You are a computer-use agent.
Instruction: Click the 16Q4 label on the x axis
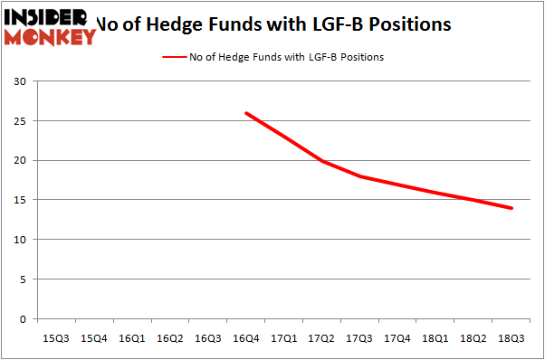click(245, 338)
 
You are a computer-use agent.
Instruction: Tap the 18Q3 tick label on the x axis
click(512, 338)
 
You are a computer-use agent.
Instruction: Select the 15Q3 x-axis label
click(55, 338)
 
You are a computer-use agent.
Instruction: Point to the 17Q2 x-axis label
click(321, 338)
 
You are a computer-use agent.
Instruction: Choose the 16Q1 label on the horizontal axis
click(131, 338)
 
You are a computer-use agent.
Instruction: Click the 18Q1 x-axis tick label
click(435, 338)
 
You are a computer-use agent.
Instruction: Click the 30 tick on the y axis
click(19, 82)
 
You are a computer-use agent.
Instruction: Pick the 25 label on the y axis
click(19, 121)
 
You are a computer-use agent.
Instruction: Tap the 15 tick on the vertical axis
click(19, 201)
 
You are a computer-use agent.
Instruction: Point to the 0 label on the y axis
click(22, 319)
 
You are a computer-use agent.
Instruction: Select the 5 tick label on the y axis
click(22, 279)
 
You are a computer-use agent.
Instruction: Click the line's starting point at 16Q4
click(245, 113)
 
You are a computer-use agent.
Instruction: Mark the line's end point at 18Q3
click(512, 208)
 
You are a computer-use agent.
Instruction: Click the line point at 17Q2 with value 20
click(321, 161)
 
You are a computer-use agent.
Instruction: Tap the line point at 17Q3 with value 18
click(359, 176)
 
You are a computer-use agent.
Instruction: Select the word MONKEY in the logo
click(50, 37)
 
